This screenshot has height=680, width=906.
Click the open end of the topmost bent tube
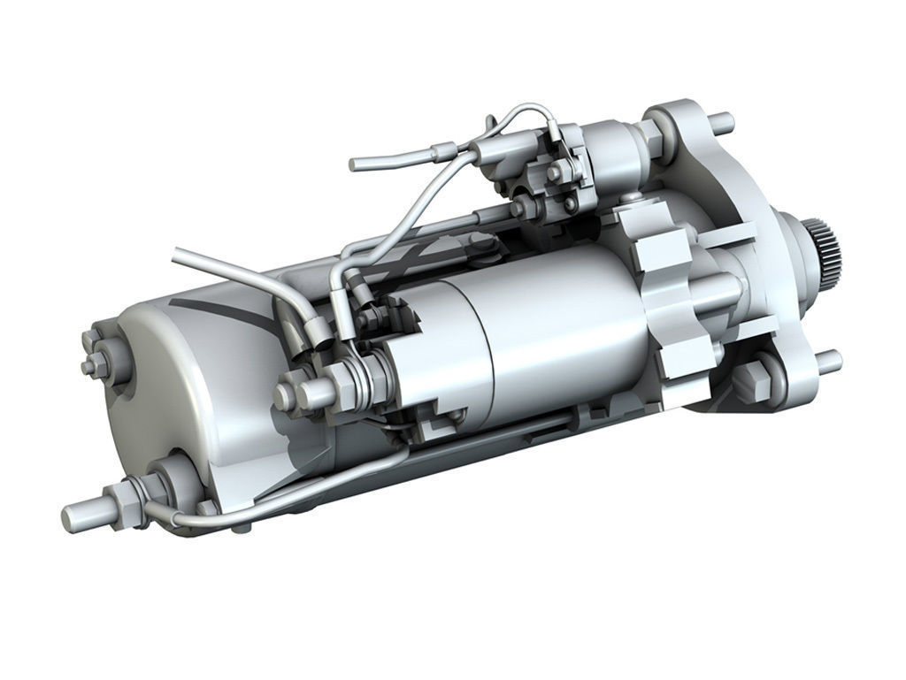click(x=354, y=164)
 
